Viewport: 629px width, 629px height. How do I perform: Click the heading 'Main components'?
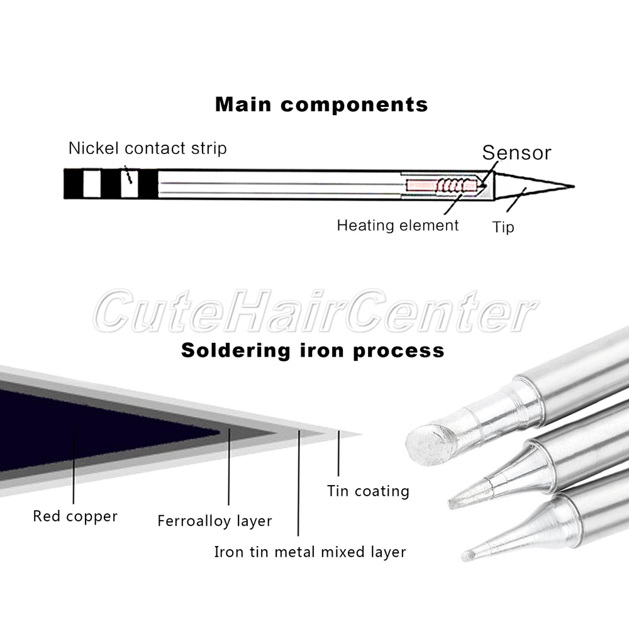(x=321, y=104)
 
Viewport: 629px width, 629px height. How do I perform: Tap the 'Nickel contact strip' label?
(x=147, y=148)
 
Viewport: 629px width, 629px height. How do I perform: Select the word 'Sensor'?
(x=516, y=153)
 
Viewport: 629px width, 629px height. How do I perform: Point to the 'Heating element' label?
(x=398, y=225)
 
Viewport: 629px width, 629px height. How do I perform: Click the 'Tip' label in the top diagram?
(x=503, y=226)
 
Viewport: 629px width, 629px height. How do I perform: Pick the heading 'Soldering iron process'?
(x=313, y=350)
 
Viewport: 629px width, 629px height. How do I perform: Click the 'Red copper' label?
(x=75, y=517)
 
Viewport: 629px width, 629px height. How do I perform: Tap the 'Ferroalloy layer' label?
(x=214, y=521)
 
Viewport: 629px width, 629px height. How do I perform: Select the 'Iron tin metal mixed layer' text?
(x=310, y=552)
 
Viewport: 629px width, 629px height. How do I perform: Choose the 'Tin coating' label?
(x=368, y=491)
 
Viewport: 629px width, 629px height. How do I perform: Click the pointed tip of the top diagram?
(x=571, y=187)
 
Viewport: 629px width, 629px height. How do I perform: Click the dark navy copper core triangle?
(x=94, y=428)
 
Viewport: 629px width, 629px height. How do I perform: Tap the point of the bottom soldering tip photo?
(x=466, y=556)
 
